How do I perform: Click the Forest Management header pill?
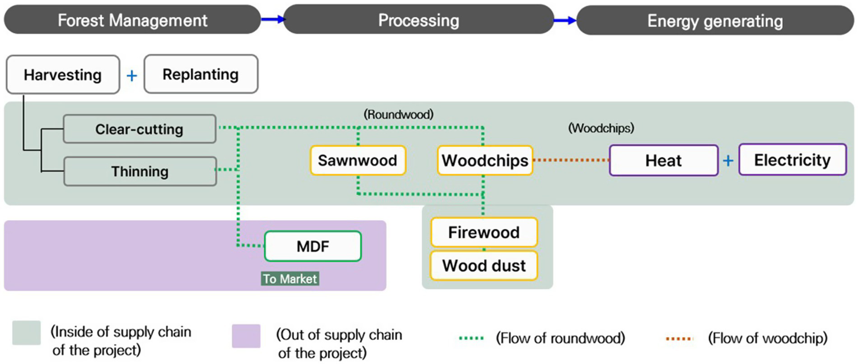(x=133, y=21)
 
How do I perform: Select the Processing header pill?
(x=419, y=21)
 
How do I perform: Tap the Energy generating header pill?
(x=715, y=21)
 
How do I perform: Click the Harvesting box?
(x=63, y=74)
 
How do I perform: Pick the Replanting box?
(x=200, y=74)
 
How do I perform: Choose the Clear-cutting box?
(x=139, y=129)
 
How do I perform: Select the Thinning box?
(x=139, y=171)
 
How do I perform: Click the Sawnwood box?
(x=358, y=160)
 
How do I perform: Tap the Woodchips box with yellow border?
(x=485, y=160)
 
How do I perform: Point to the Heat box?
(x=663, y=160)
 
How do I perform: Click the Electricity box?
(x=792, y=160)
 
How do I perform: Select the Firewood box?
(x=484, y=232)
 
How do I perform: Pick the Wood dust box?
(x=484, y=265)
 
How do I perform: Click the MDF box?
(x=313, y=246)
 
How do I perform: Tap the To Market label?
(x=290, y=278)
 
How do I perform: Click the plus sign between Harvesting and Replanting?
(x=132, y=75)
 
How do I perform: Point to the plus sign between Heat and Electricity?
(x=728, y=161)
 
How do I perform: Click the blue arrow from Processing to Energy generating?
(x=565, y=21)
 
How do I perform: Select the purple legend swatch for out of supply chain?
(x=246, y=335)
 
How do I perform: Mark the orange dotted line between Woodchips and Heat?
(x=571, y=160)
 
